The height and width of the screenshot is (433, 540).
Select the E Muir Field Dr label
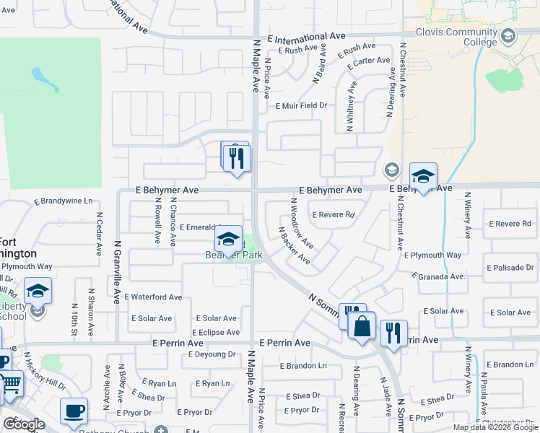tap(301, 105)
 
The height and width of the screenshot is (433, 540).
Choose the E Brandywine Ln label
tap(64, 201)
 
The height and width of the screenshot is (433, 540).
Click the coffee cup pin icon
tap(74, 411)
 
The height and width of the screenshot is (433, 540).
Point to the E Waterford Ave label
tap(153, 297)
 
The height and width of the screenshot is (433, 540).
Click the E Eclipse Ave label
tap(215, 333)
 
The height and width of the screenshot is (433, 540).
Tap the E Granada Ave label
tap(439, 276)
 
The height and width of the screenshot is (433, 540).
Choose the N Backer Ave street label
tap(295, 245)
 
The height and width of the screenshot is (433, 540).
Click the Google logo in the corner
tap(23, 424)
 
